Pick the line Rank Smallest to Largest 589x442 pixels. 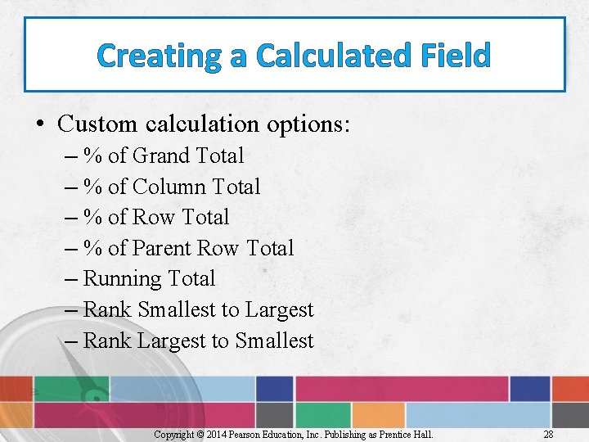pyautogui.click(x=198, y=310)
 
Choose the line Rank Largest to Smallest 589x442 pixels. pyautogui.click(x=198, y=341)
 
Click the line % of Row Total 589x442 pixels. pyautogui.click(x=155, y=218)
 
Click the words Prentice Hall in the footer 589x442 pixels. pyautogui.click(x=407, y=434)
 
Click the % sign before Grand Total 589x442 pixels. pyautogui.click(x=92, y=156)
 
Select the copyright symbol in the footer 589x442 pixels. pyautogui.click(x=201, y=434)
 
